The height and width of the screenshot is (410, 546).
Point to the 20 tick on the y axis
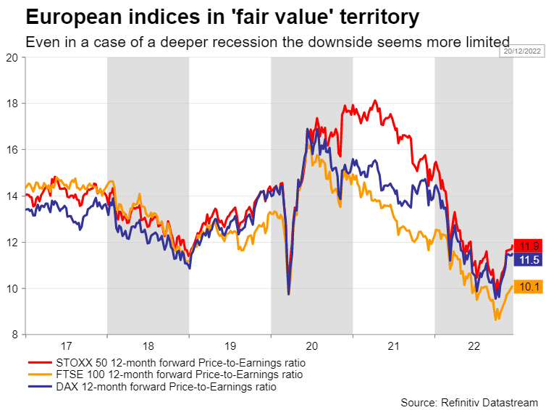coord(12,57)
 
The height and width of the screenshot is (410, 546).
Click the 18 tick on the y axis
coord(12,104)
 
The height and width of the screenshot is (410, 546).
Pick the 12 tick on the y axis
coord(12,242)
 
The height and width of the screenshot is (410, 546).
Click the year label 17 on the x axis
coord(66,347)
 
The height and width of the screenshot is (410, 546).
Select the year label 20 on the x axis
coord(311,347)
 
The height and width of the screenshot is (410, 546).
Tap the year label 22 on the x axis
coord(474,347)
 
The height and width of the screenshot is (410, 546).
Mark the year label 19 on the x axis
coord(230,347)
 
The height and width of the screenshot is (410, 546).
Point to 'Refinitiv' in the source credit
coord(462,402)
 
